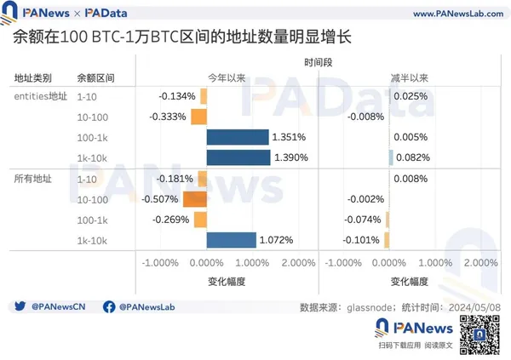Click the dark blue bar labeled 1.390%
pyautogui.click(x=238, y=157)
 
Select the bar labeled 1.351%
pyautogui.click(x=238, y=137)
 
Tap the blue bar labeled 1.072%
pyautogui.click(x=231, y=240)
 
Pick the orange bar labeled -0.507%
pyautogui.click(x=193, y=199)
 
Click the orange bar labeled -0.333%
pyautogui.click(x=198, y=117)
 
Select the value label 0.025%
pyautogui.click(x=411, y=96)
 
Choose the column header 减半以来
pyautogui.click(x=408, y=77)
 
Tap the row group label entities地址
pyautogui.click(x=40, y=96)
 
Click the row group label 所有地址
pyautogui.click(x=33, y=179)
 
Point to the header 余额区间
pyautogui.click(x=95, y=77)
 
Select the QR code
pyautogui.click(x=477, y=333)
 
